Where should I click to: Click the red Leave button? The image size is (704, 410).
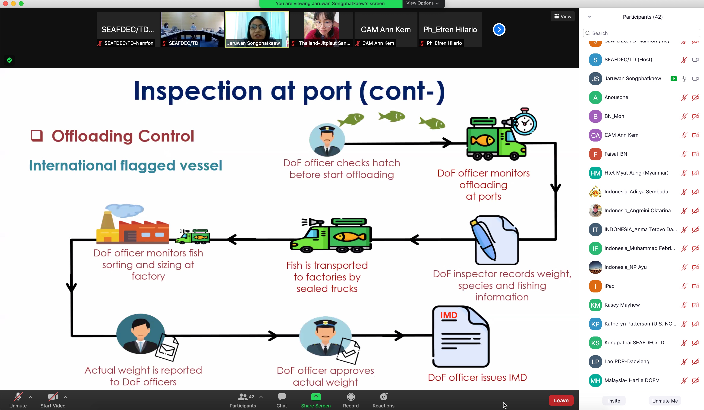[561, 400]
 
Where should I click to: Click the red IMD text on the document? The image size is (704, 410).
[449, 315]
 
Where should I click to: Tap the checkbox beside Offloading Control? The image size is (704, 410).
[37, 136]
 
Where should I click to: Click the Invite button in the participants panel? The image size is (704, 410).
[614, 401]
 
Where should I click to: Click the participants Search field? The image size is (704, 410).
[642, 33]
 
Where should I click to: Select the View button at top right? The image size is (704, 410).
[563, 17]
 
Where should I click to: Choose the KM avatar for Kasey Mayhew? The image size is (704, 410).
[595, 305]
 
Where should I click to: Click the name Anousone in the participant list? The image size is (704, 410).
[616, 97]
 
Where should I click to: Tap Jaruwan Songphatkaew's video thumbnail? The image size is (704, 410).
[257, 29]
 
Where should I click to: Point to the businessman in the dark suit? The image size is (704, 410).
[140, 334]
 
